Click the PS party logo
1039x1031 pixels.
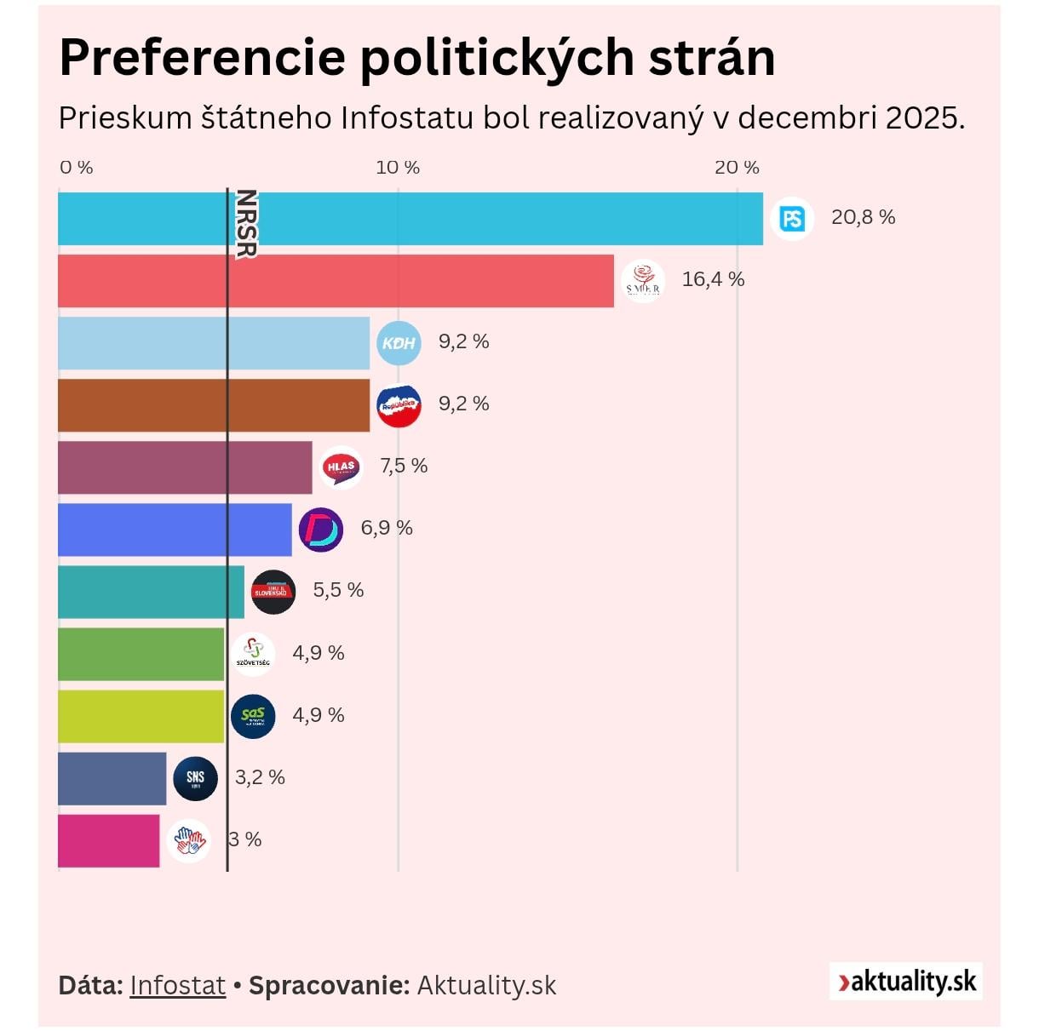point(792,219)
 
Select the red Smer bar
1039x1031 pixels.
point(336,281)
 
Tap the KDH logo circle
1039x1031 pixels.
point(399,343)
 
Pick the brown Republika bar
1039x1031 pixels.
point(214,405)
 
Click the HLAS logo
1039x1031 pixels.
point(341,467)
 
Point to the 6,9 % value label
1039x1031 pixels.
point(387,528)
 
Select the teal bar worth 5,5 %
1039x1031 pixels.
point(151,592)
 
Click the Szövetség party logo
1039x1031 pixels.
point(253,654)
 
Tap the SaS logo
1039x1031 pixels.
point(253,716)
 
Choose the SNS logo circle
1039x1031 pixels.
point(195,778)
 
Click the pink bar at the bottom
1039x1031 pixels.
point(108,841)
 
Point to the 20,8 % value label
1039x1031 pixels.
point(863,217)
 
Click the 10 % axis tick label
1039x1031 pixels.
point(398,168)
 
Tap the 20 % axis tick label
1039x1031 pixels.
point(737,168)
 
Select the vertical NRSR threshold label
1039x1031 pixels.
point(246,223)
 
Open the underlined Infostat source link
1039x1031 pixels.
point(177,985)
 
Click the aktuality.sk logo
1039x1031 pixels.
point(906,982)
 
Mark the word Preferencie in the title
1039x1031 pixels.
point(202,58)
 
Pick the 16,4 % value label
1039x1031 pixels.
point(713,279)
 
